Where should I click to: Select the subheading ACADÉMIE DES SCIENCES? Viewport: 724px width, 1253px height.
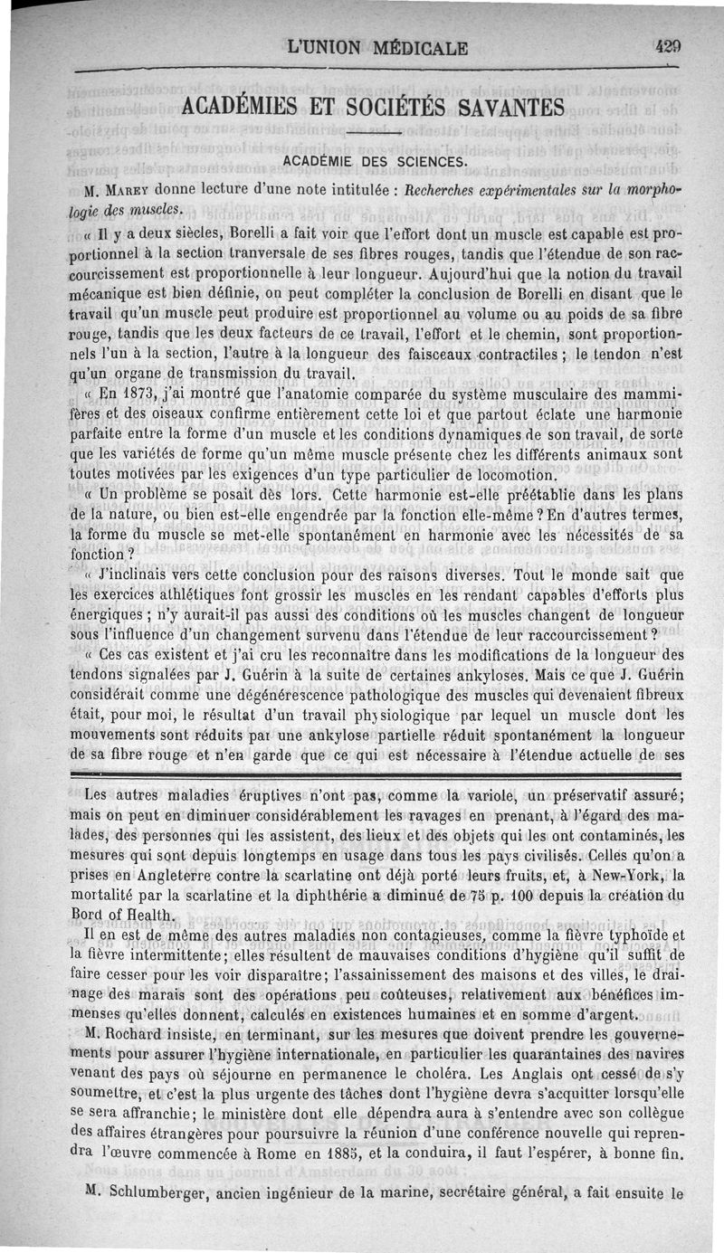(376, 162)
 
